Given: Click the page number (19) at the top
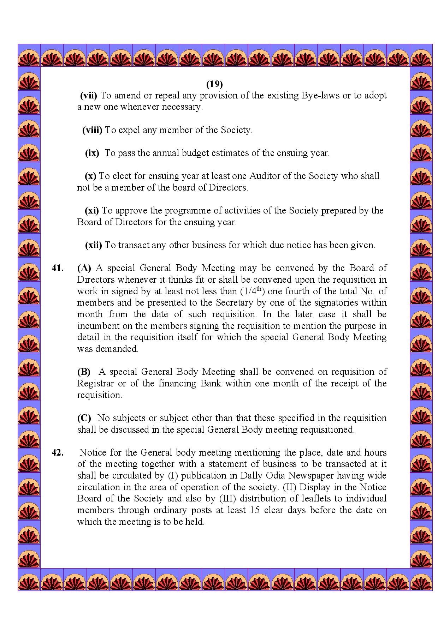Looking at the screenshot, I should click(214, 84).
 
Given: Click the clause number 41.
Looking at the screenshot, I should click(58, 268).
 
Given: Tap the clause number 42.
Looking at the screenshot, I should click(58, 453).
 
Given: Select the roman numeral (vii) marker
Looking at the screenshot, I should click(89, 96).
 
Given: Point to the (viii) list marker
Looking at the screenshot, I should click(92, 130).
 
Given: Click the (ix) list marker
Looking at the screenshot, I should click(92, 153).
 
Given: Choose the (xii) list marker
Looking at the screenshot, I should click(93, 245).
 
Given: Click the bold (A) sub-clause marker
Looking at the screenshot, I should click(84, 268).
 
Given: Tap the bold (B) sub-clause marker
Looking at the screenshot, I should click(84, 372).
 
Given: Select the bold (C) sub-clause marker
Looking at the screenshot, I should click(84, 418).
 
